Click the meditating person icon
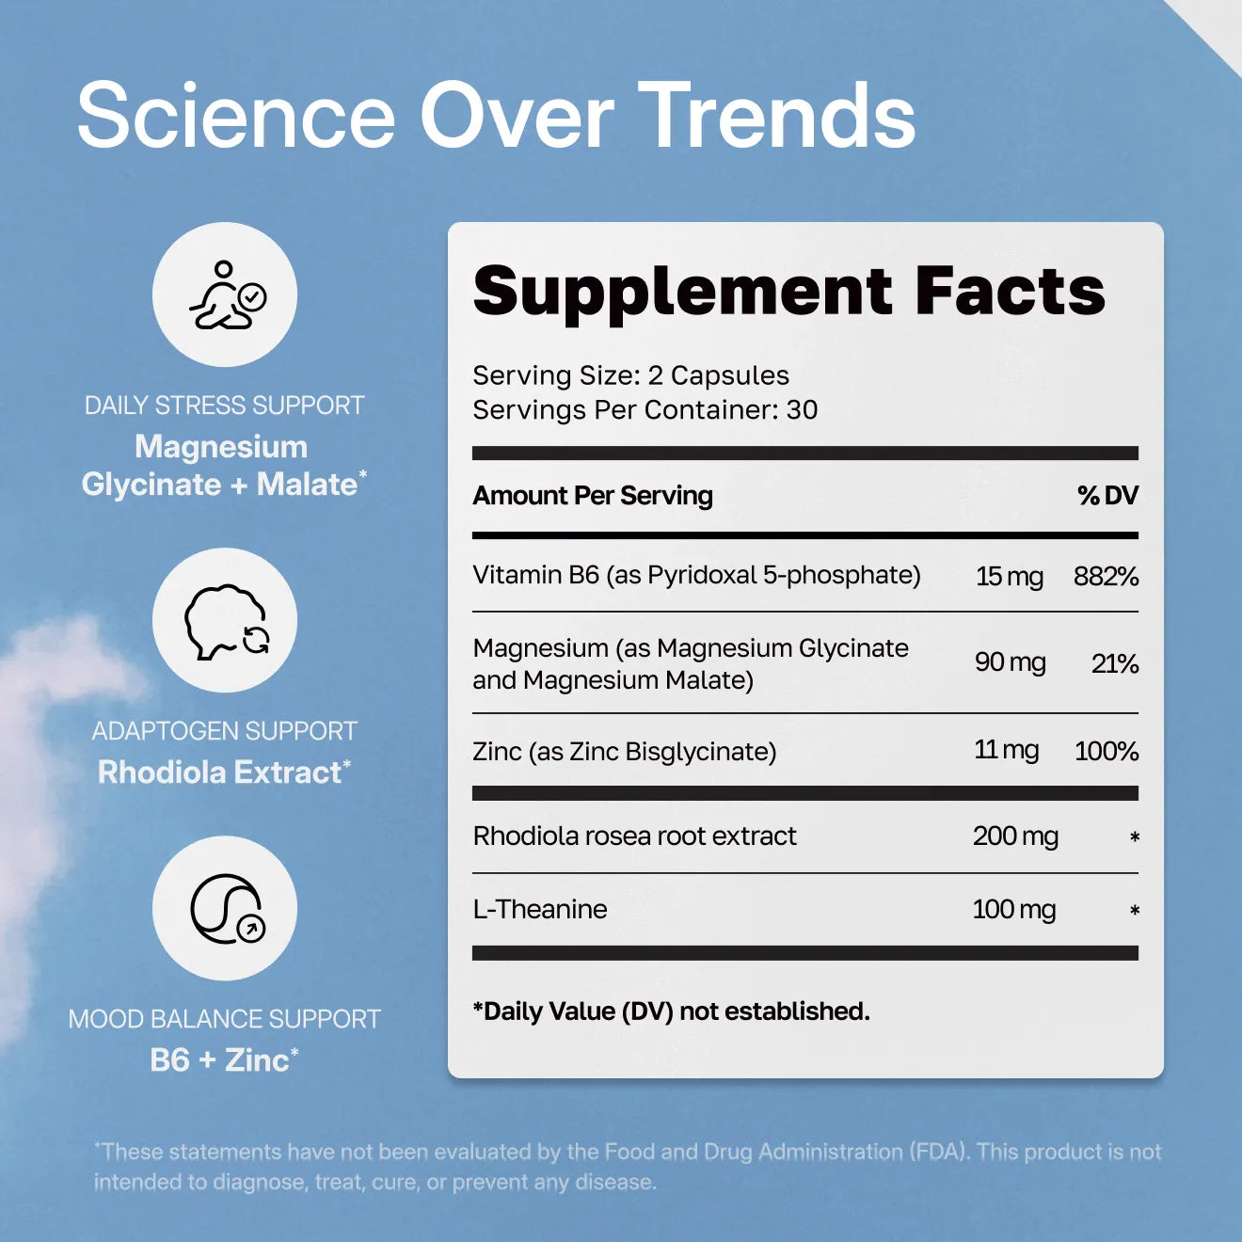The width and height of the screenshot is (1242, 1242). coord(225,295)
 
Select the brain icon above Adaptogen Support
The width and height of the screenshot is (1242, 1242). coord(225,621)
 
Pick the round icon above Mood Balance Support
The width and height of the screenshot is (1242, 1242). coord(225,909)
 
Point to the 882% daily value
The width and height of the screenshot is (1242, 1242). coord(1106,576)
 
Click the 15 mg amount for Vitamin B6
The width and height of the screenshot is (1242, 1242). coord(1009,576)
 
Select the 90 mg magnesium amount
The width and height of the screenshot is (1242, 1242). coord(1010,662)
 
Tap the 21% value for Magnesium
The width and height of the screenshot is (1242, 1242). coord(1115,664)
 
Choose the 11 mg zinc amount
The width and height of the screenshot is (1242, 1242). coord(1006,750)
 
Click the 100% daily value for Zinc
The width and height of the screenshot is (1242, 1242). coord(1107,751)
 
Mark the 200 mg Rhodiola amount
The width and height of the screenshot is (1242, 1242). coord(1015,836)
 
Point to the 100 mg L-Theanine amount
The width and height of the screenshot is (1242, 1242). coord(1013,909)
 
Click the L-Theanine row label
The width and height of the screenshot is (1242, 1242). coord(540,909)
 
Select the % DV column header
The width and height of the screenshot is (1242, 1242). coord(1107,495)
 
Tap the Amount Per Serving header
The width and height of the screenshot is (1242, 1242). coord(593,495)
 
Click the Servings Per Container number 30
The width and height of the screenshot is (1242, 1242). coord(802,410)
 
